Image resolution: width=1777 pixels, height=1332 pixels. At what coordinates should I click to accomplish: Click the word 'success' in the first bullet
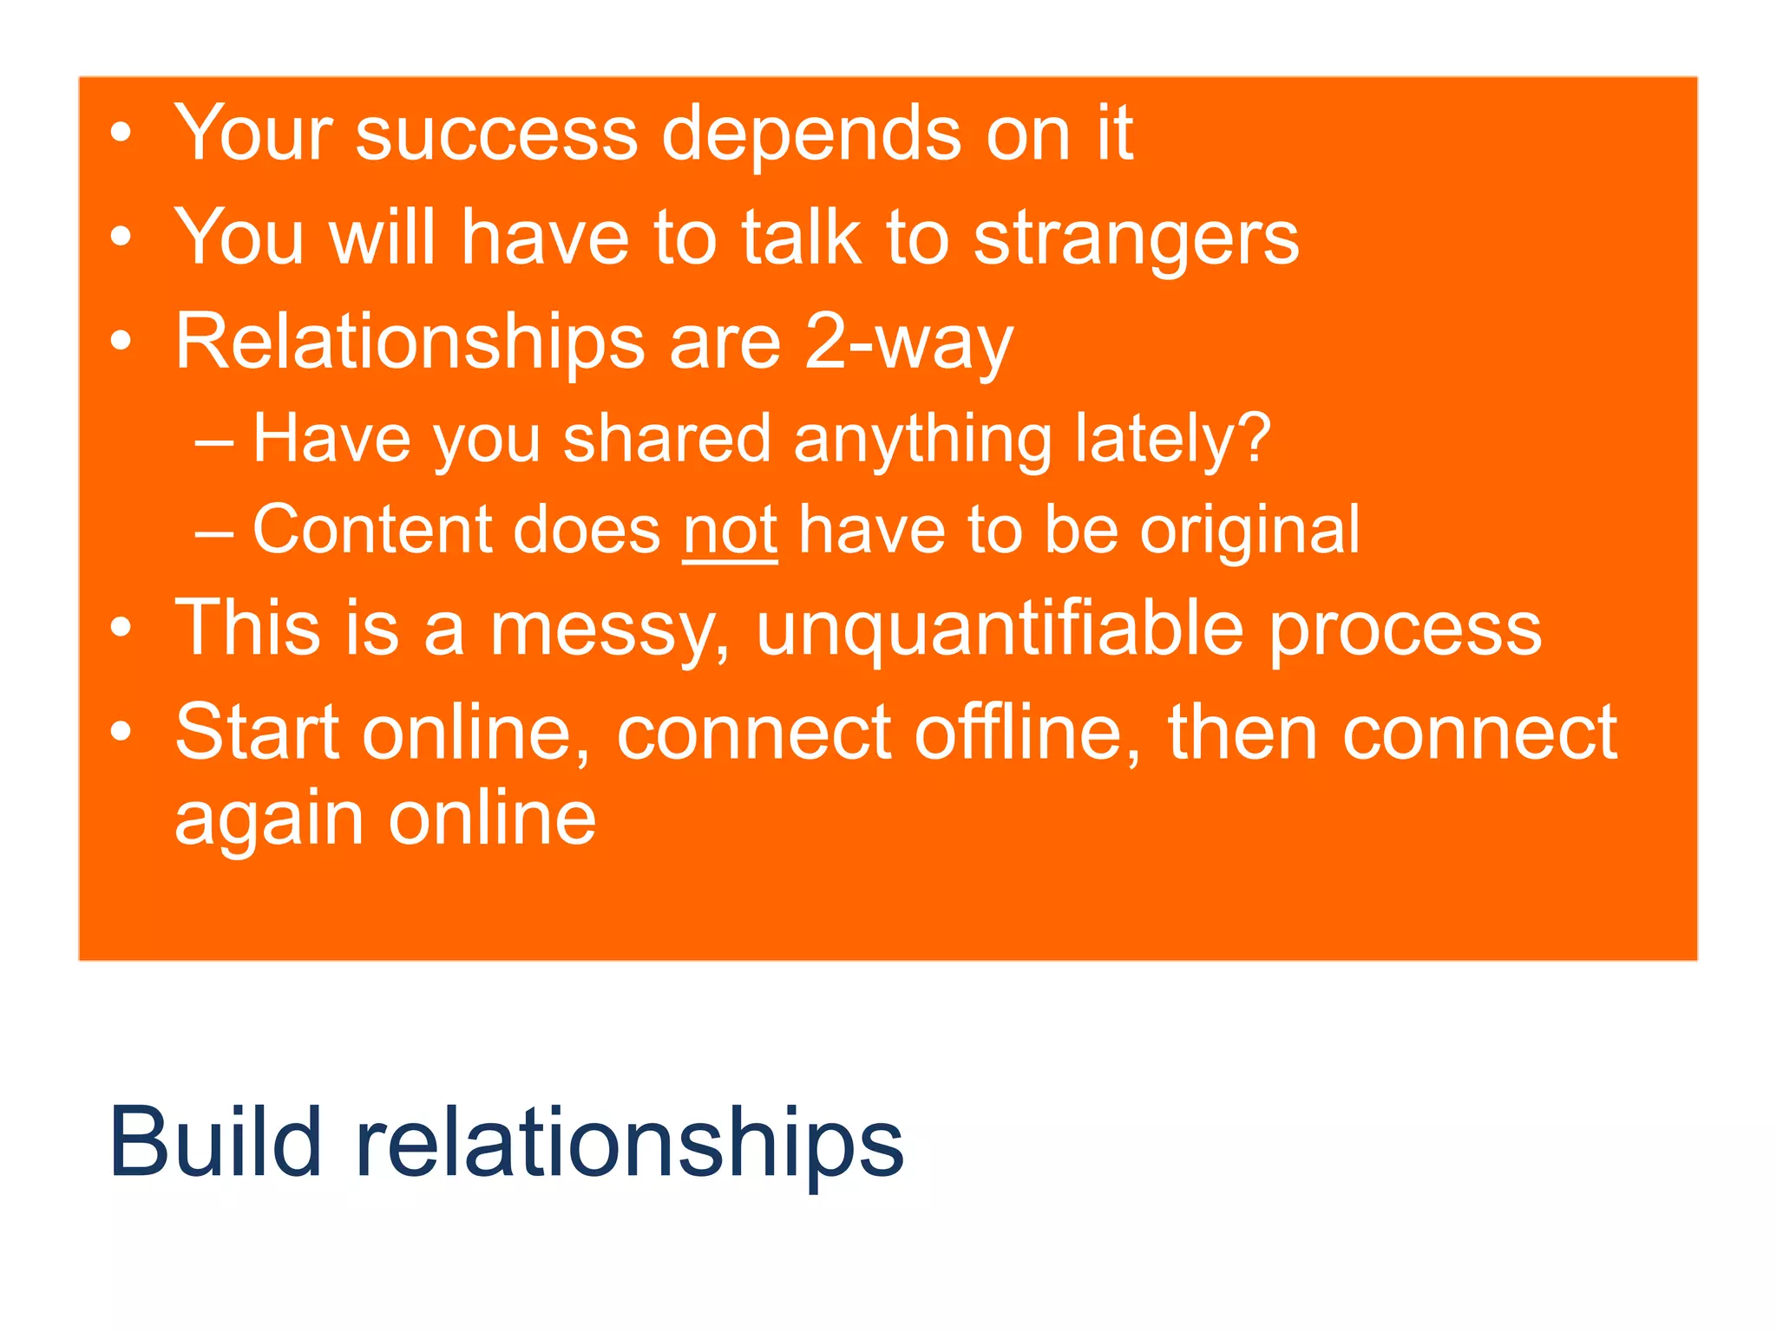pyautogui.click(x=496, y=134)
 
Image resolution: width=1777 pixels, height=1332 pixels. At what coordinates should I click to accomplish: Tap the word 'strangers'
pyautogui.click(x=1136, y=238)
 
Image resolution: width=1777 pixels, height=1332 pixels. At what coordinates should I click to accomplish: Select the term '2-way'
pyautogui.click(x=908, y=343)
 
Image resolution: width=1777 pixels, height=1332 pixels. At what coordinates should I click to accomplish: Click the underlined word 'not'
pyautogui.click(x=730, y=530)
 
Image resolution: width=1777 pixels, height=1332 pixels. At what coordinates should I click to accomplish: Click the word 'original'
pyautogui.click(x=1249, y=530)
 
